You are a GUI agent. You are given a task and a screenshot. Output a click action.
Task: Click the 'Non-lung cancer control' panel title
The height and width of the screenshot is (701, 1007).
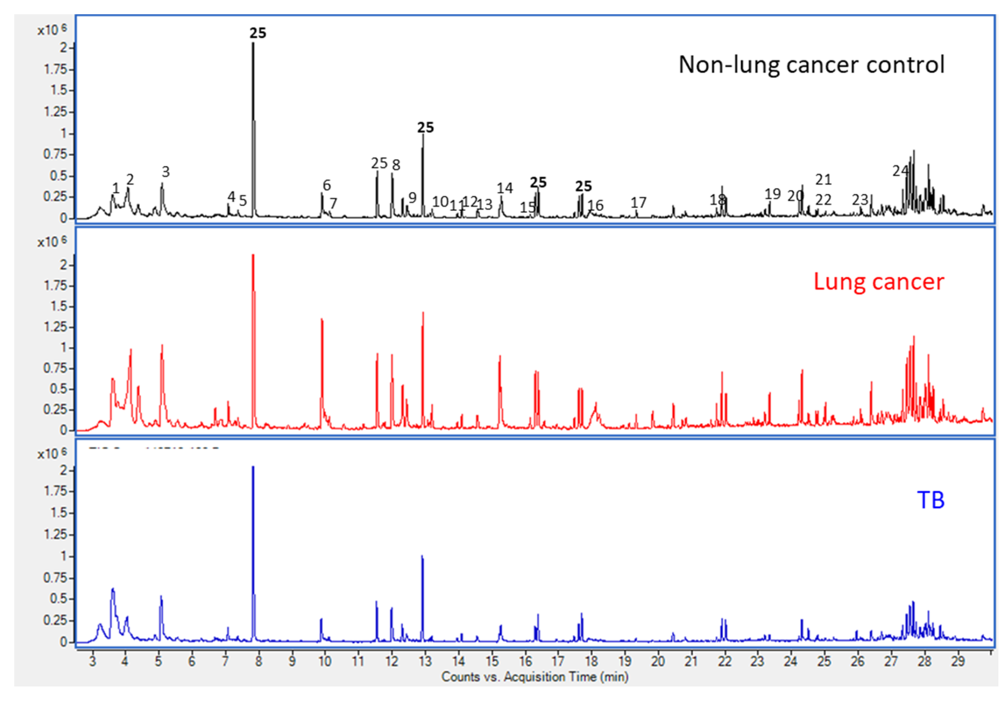coord(811,65)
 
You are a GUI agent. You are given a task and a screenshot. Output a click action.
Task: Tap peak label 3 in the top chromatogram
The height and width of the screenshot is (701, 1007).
coord(165,172)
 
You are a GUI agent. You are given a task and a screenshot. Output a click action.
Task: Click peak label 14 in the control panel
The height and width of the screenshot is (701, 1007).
coord(504,188)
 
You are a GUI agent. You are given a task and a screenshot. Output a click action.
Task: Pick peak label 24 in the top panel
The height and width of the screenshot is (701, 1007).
coord(900,171)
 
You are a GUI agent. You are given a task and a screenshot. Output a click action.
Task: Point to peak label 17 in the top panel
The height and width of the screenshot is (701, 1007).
coord(638,203)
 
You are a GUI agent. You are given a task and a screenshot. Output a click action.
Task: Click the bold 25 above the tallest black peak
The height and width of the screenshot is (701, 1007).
coord(258,33)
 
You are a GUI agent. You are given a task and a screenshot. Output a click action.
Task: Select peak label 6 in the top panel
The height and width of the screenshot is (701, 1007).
coord(327,185)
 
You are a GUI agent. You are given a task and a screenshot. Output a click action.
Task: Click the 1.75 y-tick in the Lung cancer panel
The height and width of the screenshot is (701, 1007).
coord(55,286)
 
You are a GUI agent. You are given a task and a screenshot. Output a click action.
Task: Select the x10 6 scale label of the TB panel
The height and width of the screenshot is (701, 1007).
coord(52,454)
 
